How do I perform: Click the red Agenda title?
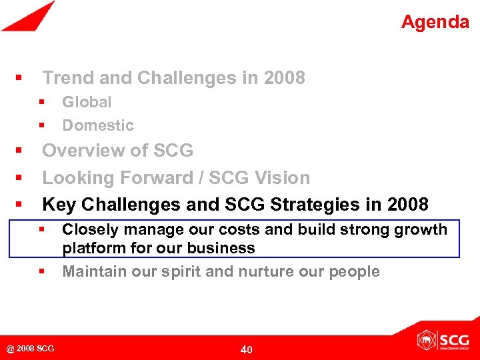point(435,22)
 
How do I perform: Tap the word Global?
point(87,102)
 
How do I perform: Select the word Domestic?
point(97,125)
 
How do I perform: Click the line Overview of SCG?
point(117,151)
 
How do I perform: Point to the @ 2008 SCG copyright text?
point(31,348)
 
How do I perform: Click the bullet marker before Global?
point(41,102)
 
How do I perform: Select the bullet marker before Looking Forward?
point(20,178)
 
